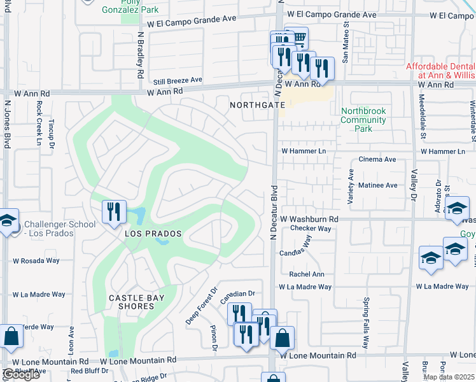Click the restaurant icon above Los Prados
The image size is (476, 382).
(x=114, y=212)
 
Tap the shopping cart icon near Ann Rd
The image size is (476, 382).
(x=297, y=38)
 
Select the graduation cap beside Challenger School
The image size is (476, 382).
(x=6, y=221)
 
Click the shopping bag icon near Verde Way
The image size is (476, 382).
(x=11, y=337)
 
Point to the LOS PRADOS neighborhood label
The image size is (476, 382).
(x=150, y=234)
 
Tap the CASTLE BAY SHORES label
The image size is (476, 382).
(x=136, y=302)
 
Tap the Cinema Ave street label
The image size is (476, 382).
(x=377, y=160)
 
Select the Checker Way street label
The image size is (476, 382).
(x=311, y=229)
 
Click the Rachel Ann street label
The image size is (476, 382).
(x=307, y=274)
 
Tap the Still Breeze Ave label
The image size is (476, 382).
(x=178, y=81)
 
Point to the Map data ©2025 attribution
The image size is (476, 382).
(x=449, y=377)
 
